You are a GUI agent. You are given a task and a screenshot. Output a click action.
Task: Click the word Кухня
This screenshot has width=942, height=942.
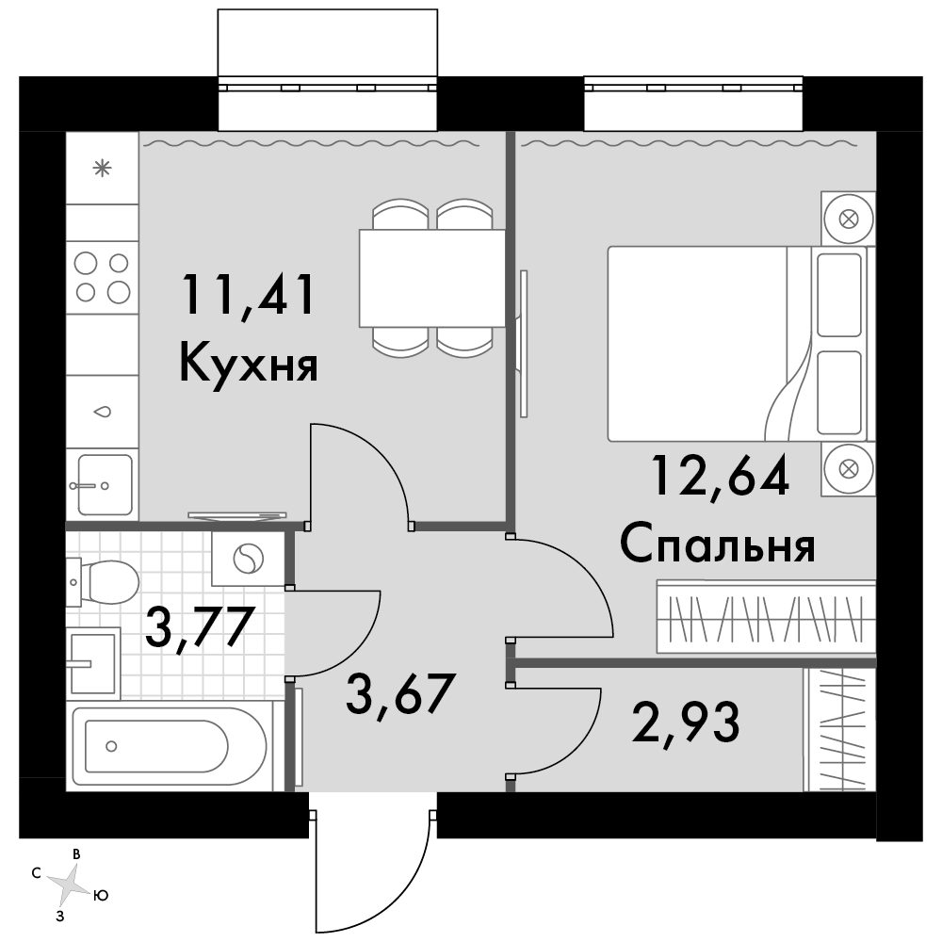tap(249, 363)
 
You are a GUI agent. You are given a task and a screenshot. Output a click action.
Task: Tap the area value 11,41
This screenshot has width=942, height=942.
tap(249, 294)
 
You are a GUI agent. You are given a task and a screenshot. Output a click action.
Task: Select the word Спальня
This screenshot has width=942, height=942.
tap(717, 544)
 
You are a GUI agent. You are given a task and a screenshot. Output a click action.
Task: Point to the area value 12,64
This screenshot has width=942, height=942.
tap(721, 475)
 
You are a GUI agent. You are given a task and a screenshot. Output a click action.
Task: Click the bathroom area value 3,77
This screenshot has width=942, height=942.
tap(198, 627)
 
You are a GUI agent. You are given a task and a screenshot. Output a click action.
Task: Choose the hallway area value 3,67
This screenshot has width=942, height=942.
tap(398, 693)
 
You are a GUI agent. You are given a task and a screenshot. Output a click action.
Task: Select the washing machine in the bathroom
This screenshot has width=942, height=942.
tap(248, 559)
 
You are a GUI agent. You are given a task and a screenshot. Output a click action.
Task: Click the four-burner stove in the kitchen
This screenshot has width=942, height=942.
tap(102, 278)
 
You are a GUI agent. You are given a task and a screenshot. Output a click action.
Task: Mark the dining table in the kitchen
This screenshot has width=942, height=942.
tap(432, 278)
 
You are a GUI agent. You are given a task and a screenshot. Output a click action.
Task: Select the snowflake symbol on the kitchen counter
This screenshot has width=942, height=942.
tap(102, 169)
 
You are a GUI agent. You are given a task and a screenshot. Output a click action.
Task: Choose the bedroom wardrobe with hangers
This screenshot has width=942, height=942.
tap(766, 617)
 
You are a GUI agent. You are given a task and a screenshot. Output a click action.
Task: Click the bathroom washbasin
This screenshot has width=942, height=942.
tap(93, 663)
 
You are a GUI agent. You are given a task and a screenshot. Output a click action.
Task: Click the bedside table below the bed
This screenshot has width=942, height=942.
tap(849, 469)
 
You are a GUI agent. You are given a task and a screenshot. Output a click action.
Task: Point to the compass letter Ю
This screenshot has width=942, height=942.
tap(101, 896)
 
